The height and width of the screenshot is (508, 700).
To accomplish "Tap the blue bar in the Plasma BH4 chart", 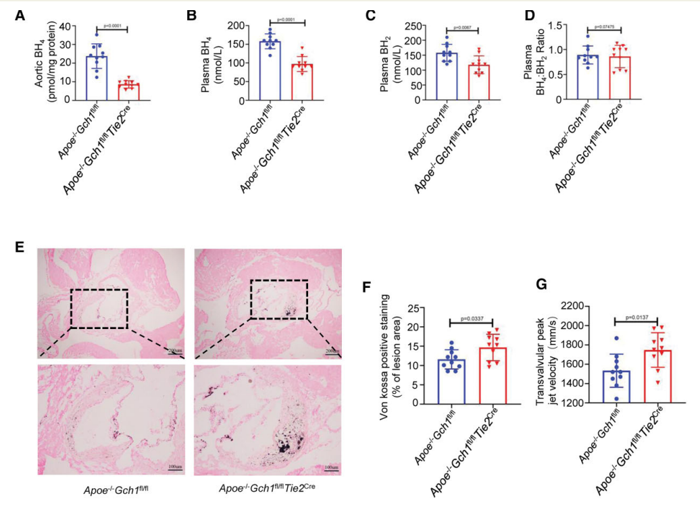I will pyautogui.click(x=272, y=71).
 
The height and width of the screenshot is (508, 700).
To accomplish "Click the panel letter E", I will pyautogui.click(x=21, y=247).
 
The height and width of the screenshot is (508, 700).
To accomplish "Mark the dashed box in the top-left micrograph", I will pyautogui.click(x=99, y=309).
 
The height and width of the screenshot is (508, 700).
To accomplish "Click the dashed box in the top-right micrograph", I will pyautogui.click(x=278, y=299).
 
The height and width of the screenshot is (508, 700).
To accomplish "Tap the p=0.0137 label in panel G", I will pyautogui.click(x=636, y=316).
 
